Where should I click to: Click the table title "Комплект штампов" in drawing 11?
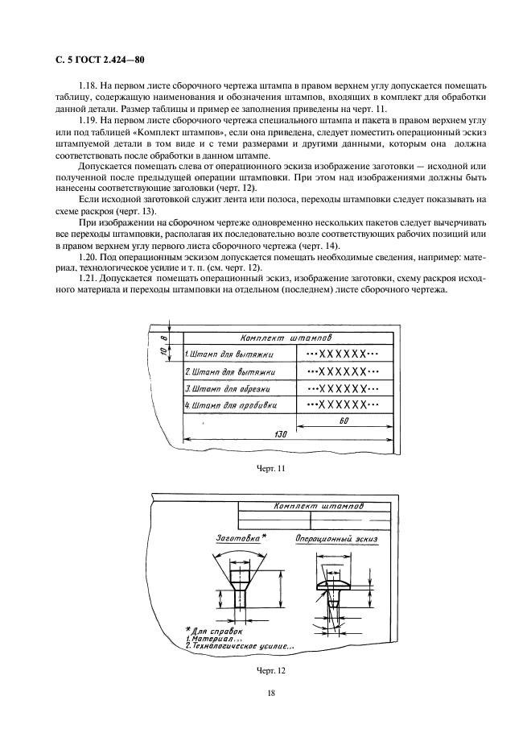click(x=289, y=338)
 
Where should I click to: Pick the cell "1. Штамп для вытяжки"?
click(x=230, y=354)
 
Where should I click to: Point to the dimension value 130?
click(x=282, y=435)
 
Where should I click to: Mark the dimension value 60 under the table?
click(x=344, y=420)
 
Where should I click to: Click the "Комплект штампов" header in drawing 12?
click(x=319, y=507)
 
